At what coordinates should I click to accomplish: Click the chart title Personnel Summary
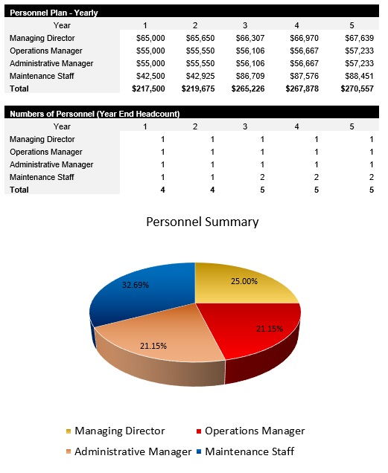pyautogui.click(x=202, y=222)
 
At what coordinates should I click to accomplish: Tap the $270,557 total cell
pyautogui.click(x=357, y=89)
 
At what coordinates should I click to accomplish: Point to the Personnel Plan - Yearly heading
pyautogui.click(x=53, y=13)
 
